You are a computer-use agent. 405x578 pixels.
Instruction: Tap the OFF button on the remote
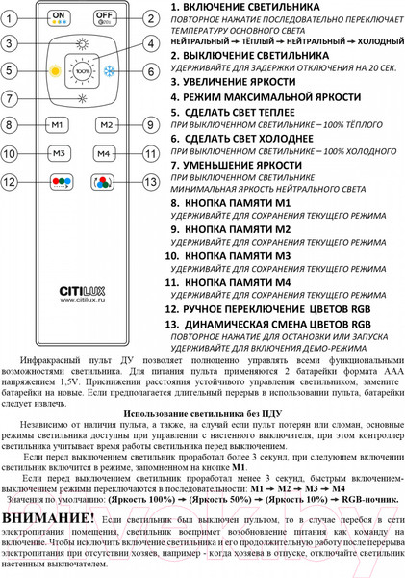106,18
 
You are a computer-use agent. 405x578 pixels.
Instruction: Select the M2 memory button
106,126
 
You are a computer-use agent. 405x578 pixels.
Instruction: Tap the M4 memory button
106,153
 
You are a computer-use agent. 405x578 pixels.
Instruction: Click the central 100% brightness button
82,70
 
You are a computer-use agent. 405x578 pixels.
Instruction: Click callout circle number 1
10,18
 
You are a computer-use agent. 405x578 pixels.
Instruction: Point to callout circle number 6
151,71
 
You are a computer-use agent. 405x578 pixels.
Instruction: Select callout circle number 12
10,181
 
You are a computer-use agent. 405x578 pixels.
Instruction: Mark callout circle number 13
151,181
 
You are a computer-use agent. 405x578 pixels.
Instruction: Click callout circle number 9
151,126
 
